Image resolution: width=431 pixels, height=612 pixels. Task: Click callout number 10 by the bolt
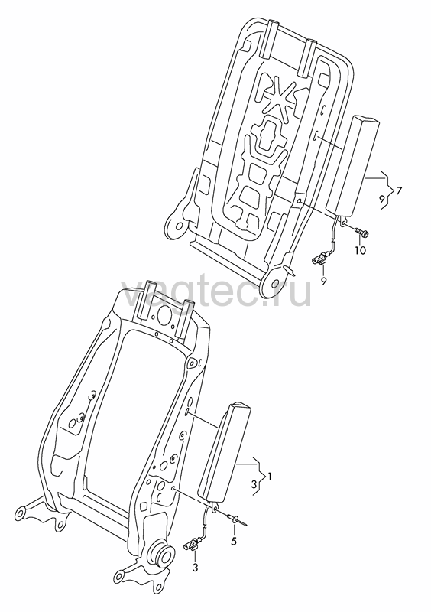pyautogui.click(x=361, y=250)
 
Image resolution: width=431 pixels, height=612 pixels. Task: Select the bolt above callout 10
pyautogui.click(x=362, y=233)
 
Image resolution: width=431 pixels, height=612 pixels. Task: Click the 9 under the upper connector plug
pyautogui.click(x=324, y=281)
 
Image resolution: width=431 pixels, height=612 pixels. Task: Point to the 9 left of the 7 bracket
pyautogui.click(x=382, y=199)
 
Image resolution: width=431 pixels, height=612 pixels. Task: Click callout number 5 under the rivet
pyautogui.click(x=234, y=542)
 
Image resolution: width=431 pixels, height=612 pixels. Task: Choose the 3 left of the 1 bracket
pyautogui.click(x=254, y=485)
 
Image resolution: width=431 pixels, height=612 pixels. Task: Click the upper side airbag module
pyautogui.click(x=352, y=166)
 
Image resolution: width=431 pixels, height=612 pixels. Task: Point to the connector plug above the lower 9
pyautogui.click(x=319, y=260)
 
